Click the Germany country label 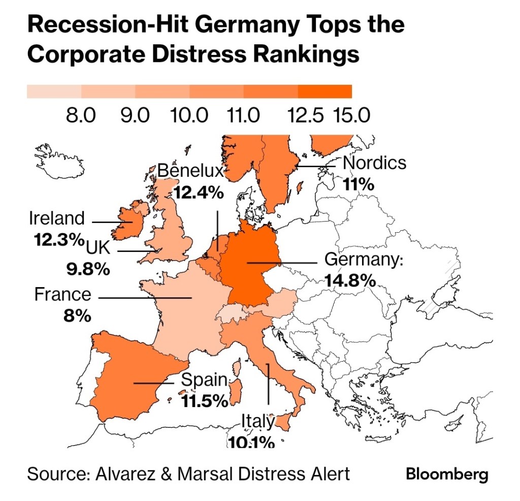(363, 260)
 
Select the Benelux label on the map (190, 171)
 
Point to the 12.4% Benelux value (199, 193)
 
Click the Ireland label (57, 218)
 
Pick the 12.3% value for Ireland (58, 239)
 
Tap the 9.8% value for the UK (88, 269)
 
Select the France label (62, 294)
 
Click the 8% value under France (77, 316)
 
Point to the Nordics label (375, 163)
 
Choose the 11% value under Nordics (359, 183)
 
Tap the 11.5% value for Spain (205, 401)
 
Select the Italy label (257, 421)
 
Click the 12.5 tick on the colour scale (305, 115)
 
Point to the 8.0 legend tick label (81, 115)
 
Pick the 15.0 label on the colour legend (351, 115)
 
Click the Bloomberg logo (447, 475)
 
